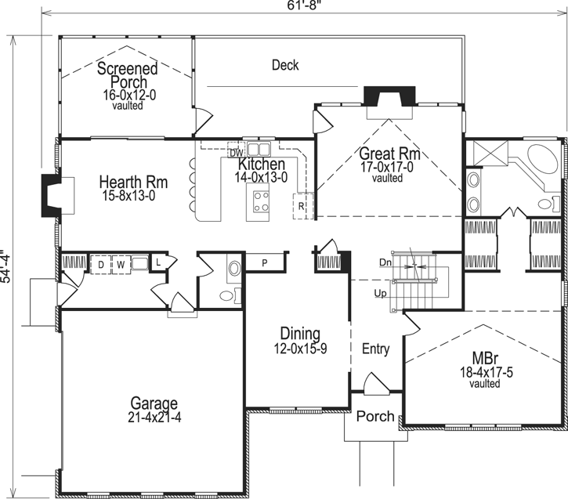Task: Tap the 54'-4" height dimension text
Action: [6, 268]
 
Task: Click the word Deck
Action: [285, 65]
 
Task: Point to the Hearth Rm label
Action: [131, 188]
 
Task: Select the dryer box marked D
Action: [100, 265]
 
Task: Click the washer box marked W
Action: [121, 265]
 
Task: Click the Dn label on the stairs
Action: [385, 262]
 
